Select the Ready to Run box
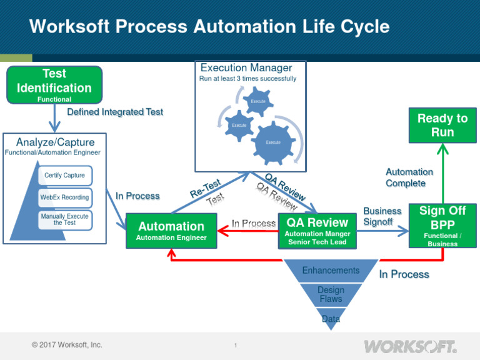click(442, 125)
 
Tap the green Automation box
click(171, 230)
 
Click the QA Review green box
click(317, 230)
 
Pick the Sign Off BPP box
click(442, 225)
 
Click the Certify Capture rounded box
click(65, 175)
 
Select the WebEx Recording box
click(65, 197)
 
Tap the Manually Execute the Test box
click(65, 219)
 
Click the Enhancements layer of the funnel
click(331, 271)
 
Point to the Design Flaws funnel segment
click(331, 294)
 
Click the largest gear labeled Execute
click(273, 142)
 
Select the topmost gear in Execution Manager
click(258, 101)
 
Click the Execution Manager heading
click(246, 67)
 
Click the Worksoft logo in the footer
click(410, 346)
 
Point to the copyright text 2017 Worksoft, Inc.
click(67, 345)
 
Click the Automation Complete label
click(409, 177)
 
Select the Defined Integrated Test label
click(115, 112)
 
